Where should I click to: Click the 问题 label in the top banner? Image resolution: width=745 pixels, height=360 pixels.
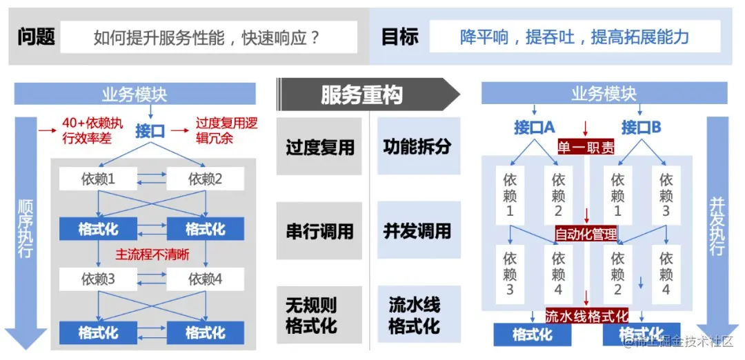36,37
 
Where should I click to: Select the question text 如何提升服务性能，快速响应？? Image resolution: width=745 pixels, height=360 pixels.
208,37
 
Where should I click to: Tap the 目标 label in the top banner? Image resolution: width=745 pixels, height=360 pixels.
400,37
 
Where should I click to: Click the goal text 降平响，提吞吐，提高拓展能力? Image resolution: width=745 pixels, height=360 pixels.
574,37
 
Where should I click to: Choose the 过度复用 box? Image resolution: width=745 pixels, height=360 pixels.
319,146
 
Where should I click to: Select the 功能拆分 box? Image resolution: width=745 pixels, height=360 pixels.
418,146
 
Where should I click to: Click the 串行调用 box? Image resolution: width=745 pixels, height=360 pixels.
319,230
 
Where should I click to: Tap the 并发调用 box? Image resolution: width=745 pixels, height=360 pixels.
418,230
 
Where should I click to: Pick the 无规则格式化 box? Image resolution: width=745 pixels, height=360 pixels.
319,314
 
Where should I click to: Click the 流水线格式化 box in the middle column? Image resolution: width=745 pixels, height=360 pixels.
418,314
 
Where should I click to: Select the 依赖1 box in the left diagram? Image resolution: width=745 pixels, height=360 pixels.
98,180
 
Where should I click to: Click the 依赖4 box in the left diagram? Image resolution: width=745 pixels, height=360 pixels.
206,279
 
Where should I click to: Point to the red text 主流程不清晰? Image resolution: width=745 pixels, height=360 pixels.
152,254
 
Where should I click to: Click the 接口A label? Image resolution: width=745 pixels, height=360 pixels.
534,128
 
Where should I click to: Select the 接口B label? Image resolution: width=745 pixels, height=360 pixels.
641,128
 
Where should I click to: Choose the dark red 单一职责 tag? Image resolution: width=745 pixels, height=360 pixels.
586,147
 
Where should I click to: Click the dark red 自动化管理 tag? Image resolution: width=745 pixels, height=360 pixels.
586,234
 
